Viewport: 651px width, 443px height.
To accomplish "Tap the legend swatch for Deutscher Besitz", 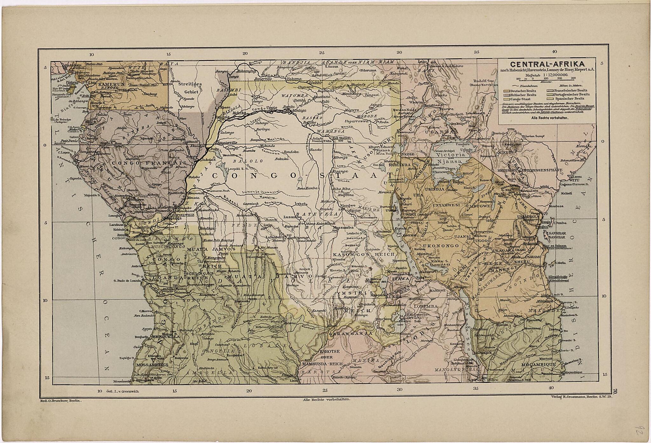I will (x=506, y=91).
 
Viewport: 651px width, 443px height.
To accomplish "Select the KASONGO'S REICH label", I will (x=364, y=254).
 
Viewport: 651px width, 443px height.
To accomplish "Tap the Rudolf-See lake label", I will (x=483, y=81).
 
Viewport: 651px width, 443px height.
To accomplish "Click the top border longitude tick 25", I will (x=322, y=53).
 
